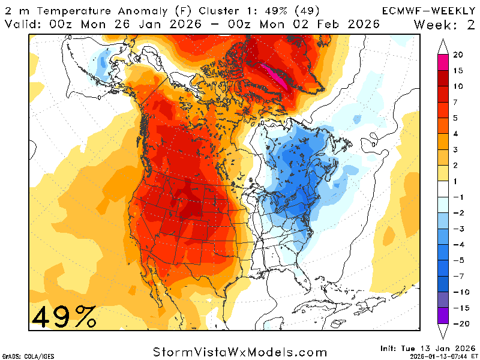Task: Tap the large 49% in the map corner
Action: click(64, 316)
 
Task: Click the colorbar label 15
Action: click(458, 70)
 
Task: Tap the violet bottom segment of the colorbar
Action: click(443, 316)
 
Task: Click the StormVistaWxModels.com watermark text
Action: click(240, 352)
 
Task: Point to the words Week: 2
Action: click(445, 24)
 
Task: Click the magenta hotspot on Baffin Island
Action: click(277, 76)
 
